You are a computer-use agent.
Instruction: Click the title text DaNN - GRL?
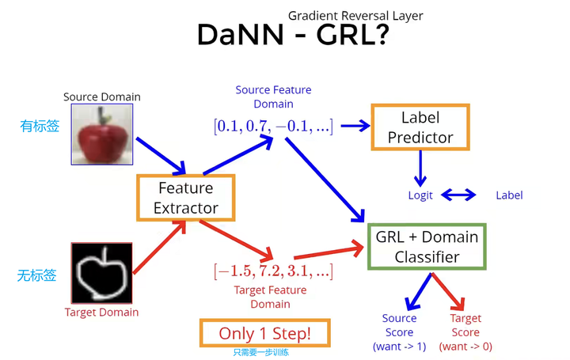[291, 36]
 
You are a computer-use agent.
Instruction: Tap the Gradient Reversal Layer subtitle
[355, 16]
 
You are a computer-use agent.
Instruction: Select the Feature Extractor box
[185, 199]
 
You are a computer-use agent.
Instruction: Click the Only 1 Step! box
[264, 334]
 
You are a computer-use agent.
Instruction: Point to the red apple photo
[102, 135]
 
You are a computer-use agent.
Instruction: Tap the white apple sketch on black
[102, 273]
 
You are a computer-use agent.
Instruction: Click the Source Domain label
[102, 97]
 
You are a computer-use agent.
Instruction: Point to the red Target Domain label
[101, 312]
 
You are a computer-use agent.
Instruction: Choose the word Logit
[420, 195]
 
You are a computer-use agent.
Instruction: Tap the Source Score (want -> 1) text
[399, 332]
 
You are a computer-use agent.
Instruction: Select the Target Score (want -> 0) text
[465, 332]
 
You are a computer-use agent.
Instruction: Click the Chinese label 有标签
[40, 126]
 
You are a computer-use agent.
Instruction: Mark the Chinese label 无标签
[37, 276]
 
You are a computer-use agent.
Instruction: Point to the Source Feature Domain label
[273, 97]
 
